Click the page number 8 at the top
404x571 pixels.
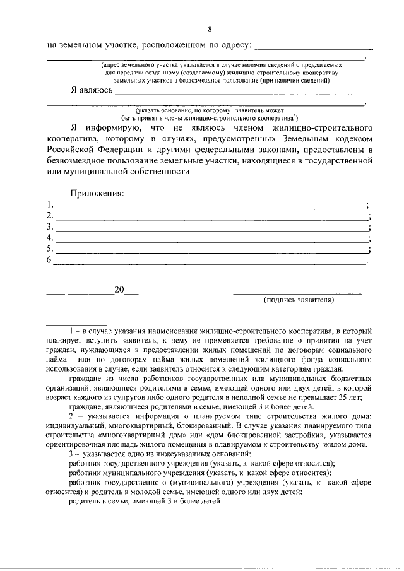[x=210, y=30]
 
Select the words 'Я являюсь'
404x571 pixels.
[x=92, y=90]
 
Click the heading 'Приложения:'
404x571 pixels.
[x=97, y=193]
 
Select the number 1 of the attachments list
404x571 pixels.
[x=49, y=204]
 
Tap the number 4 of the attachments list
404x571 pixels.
[x=50, y=238]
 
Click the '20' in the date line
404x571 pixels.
[x=119, y=290]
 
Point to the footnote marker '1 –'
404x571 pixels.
[x=74, y=331]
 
